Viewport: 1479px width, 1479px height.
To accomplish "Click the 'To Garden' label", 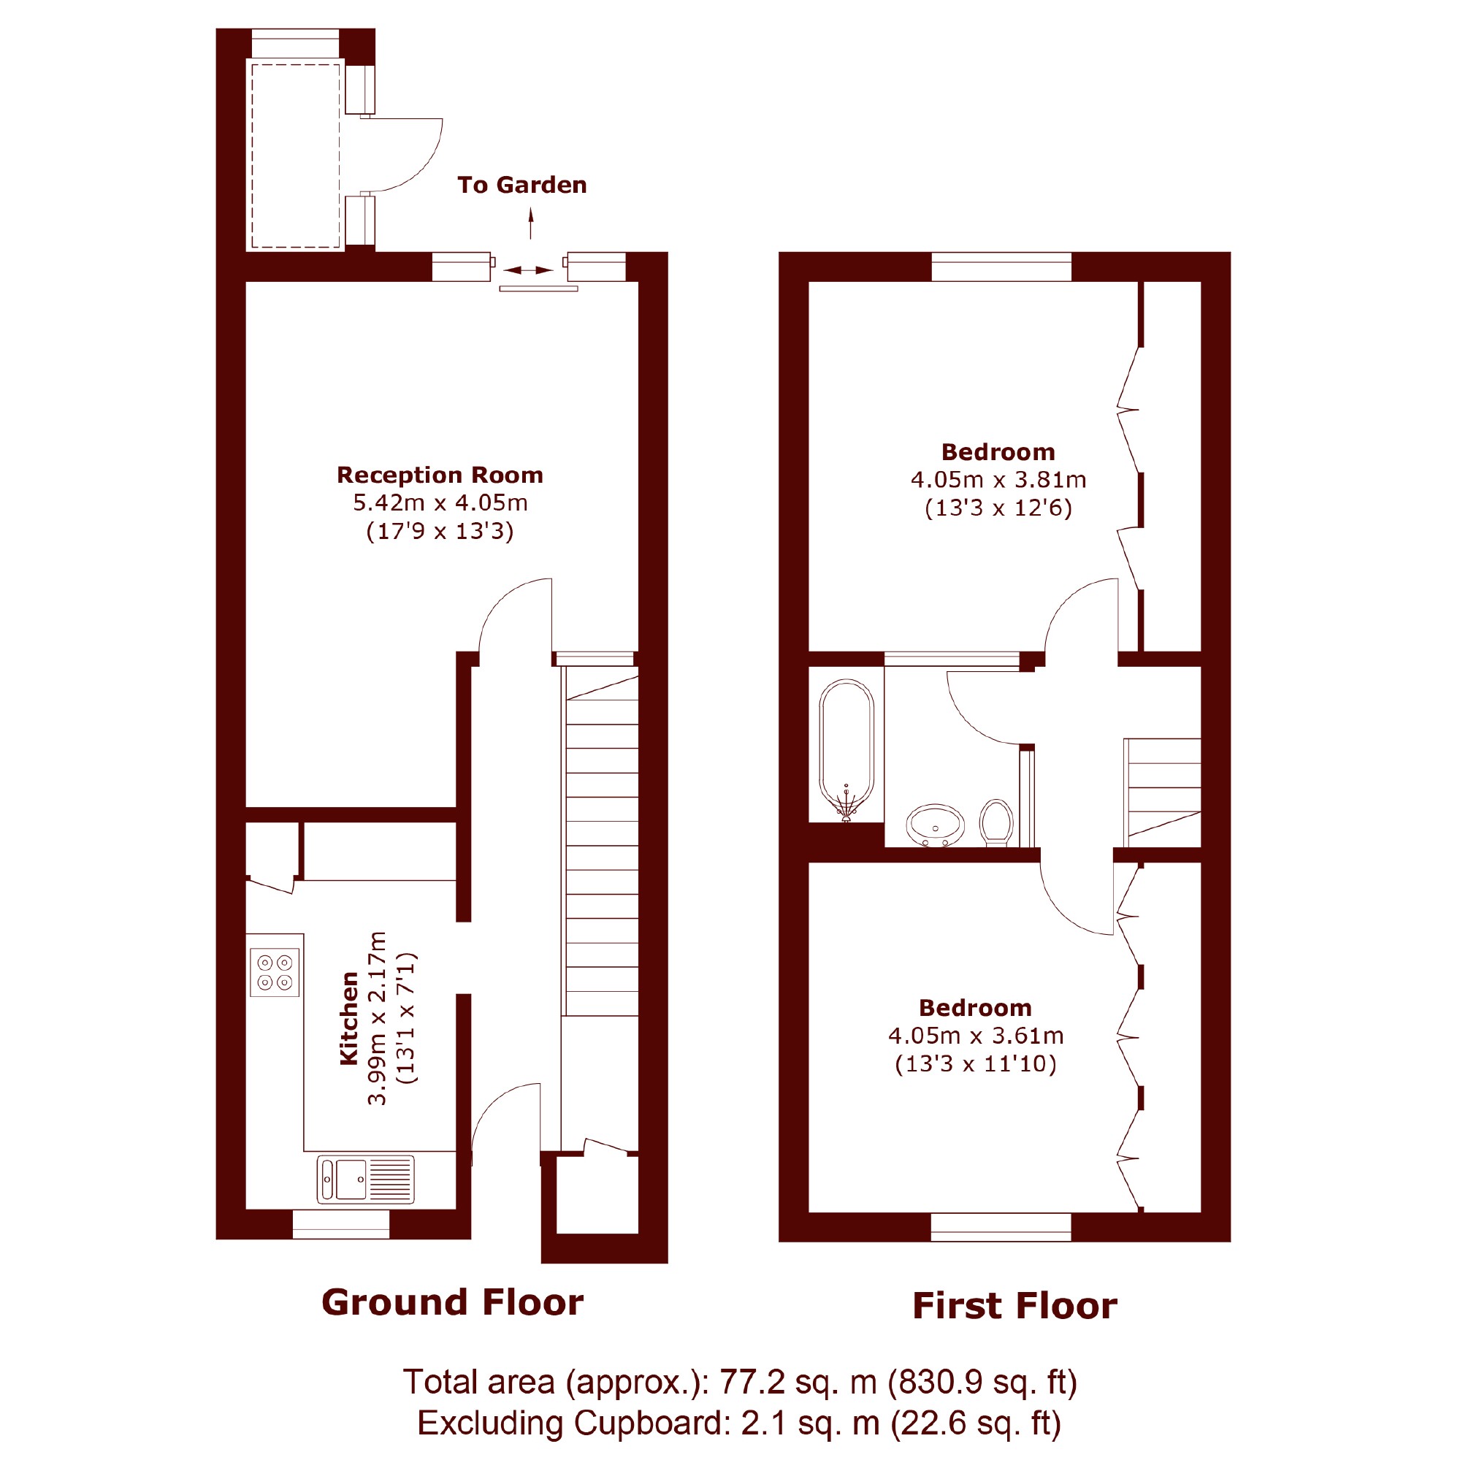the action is click(x=522, y=186).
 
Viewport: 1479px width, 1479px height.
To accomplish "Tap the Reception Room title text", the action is click(x=440, y=475).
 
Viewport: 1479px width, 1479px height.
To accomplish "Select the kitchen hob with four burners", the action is click(x=275, y=973).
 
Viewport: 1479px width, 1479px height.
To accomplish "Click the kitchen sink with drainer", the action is click(x=366, y=1180).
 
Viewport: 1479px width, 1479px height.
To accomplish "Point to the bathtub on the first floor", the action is click(x=846, y=750).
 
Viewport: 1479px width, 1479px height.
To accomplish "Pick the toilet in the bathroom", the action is click(x=997, y=823).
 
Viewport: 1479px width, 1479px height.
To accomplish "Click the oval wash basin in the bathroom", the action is click(x=936, y=826).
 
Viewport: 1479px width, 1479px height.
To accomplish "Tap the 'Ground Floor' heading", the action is click(x=452, y=1303).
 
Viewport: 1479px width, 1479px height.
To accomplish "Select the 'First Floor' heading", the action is click(x=1015, y=1307).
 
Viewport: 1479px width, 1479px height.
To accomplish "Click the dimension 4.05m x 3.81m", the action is click(x=998, y=480).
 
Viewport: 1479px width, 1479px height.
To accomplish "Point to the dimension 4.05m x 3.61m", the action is click(x=976, y=1036).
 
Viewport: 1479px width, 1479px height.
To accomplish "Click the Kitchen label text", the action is click(x=349, y=1018).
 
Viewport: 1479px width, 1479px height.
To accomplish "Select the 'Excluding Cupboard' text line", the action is click(x=739, y=1423).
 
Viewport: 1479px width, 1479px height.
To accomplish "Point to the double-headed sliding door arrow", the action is click(x=528, y=270).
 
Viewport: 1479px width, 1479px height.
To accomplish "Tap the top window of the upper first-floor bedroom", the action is click(x=1001, y=267).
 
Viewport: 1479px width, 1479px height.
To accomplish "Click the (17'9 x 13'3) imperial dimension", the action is click(x=440, y=531).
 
